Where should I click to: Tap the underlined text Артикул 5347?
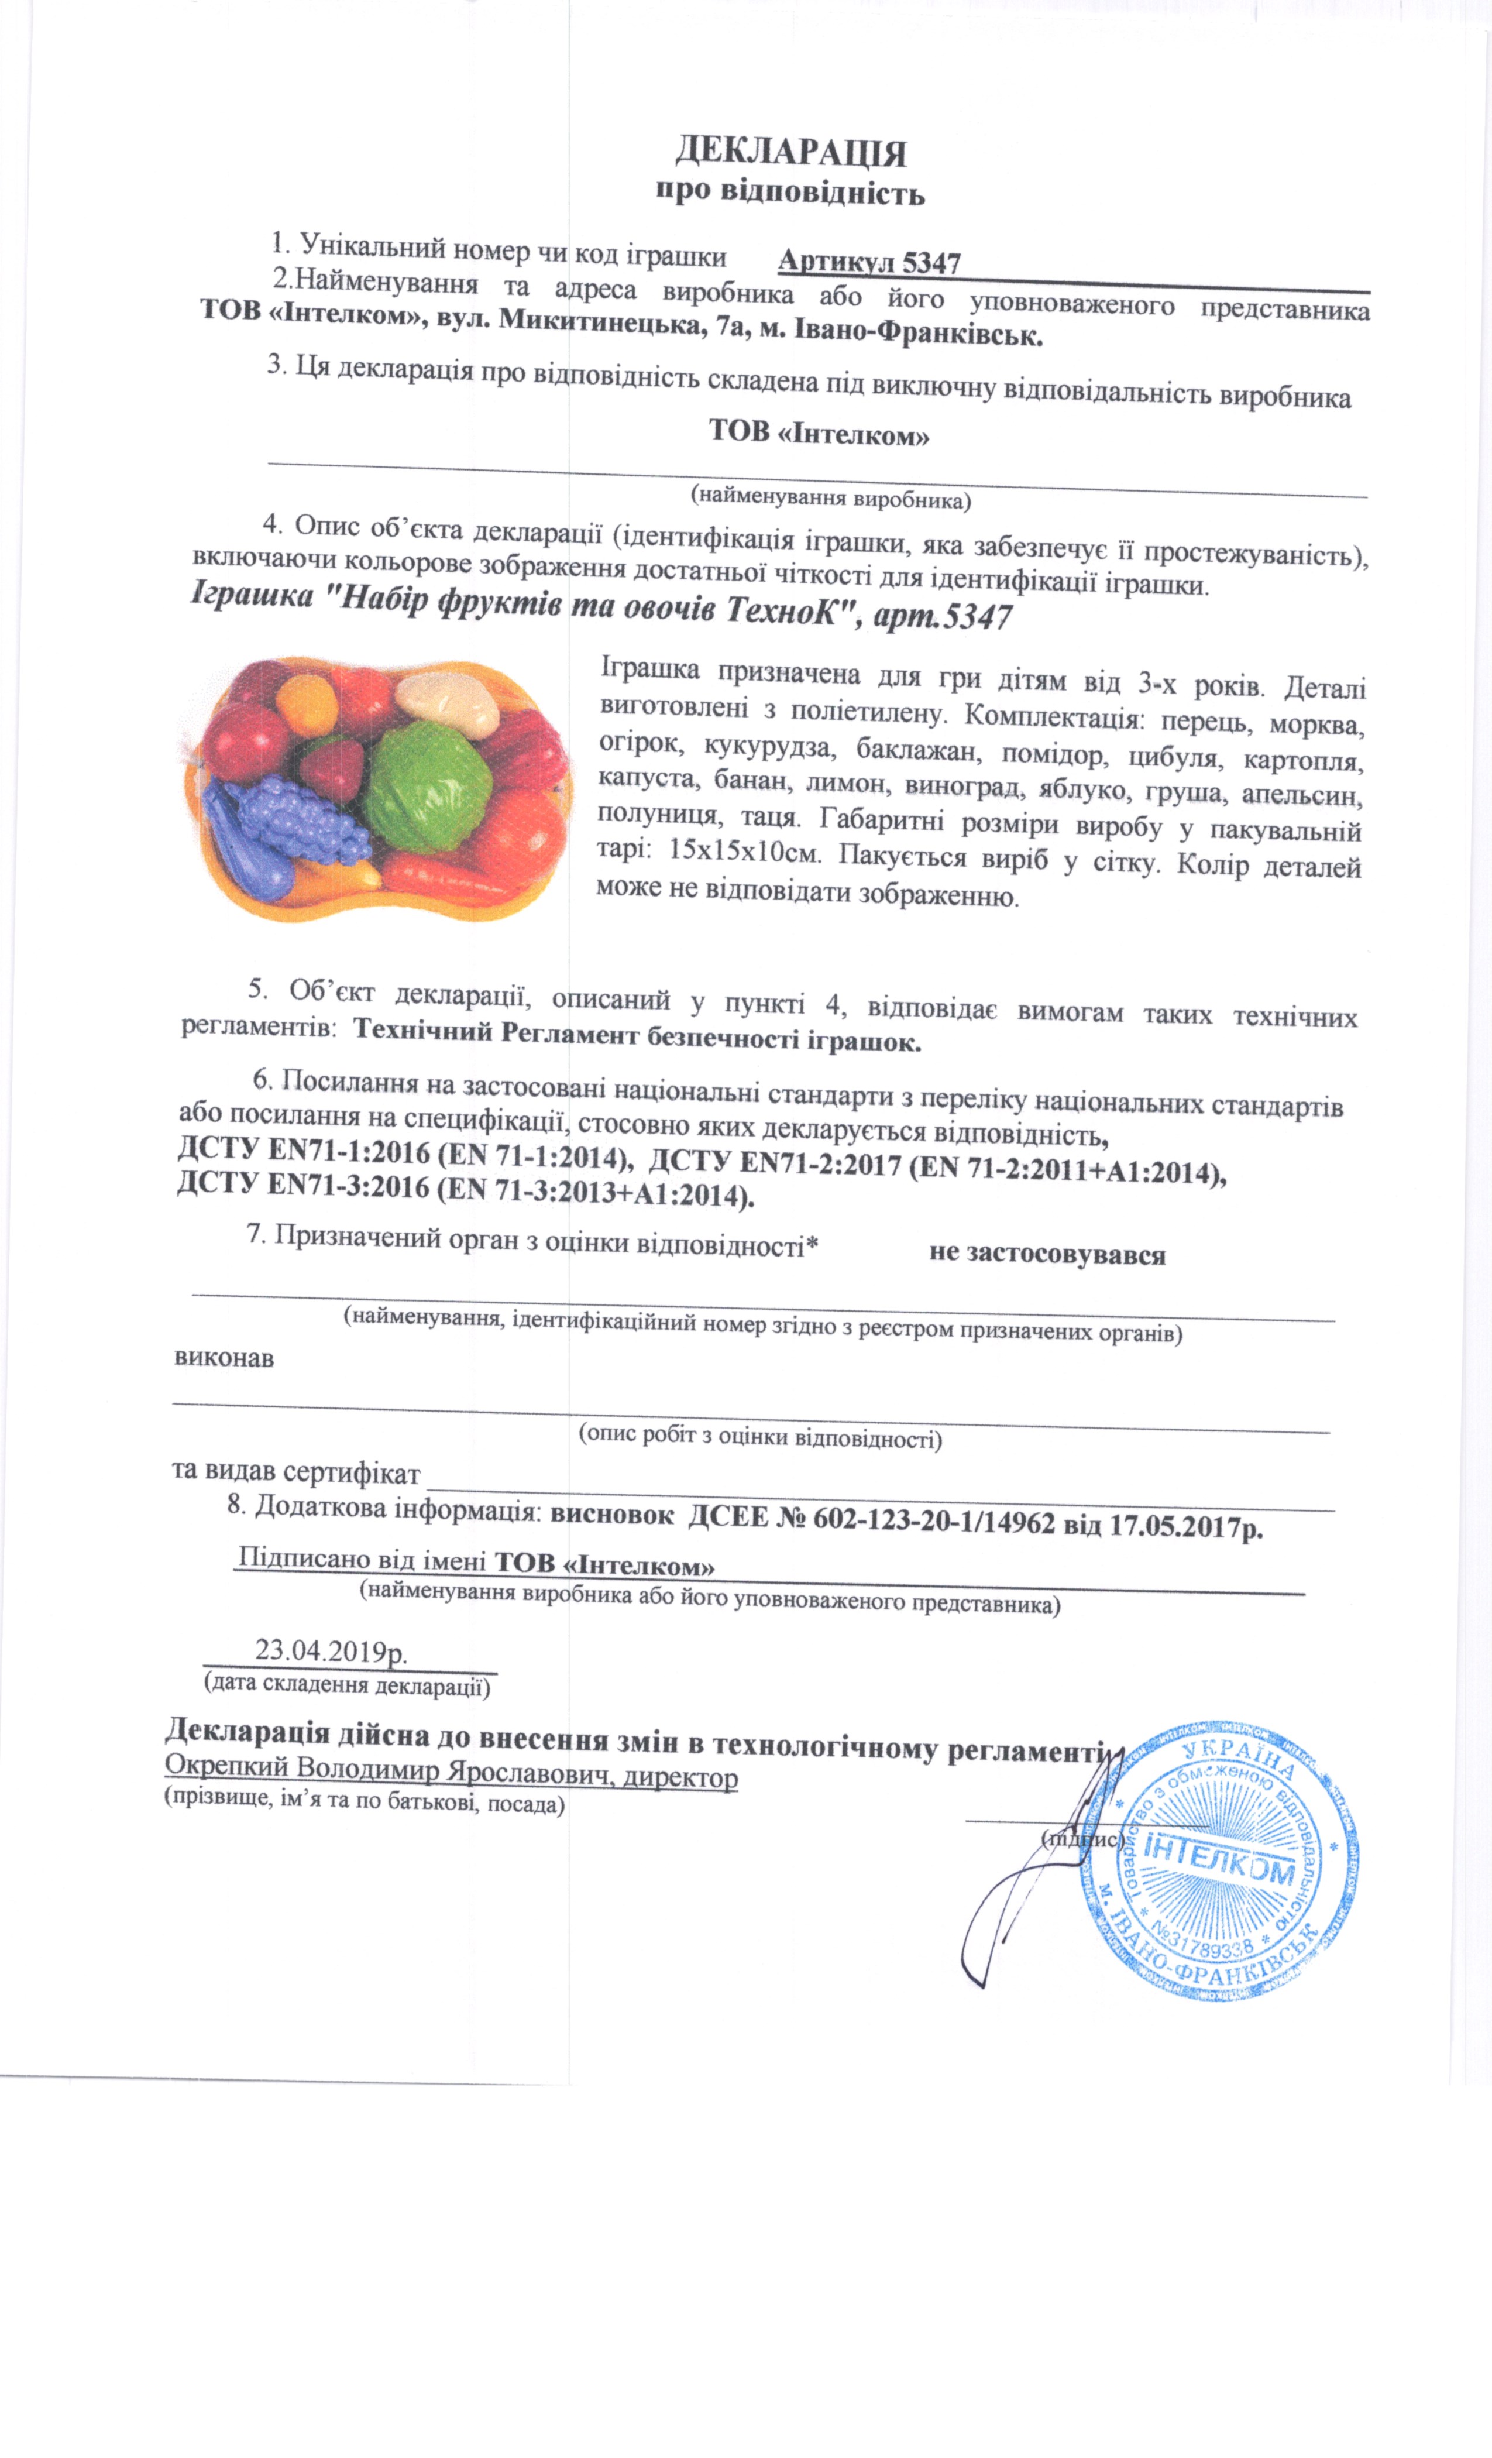point(869,262)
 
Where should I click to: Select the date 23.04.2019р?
point(331,1650)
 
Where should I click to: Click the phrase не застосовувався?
point(1047,1254)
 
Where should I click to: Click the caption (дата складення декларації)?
point(347,1686)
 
